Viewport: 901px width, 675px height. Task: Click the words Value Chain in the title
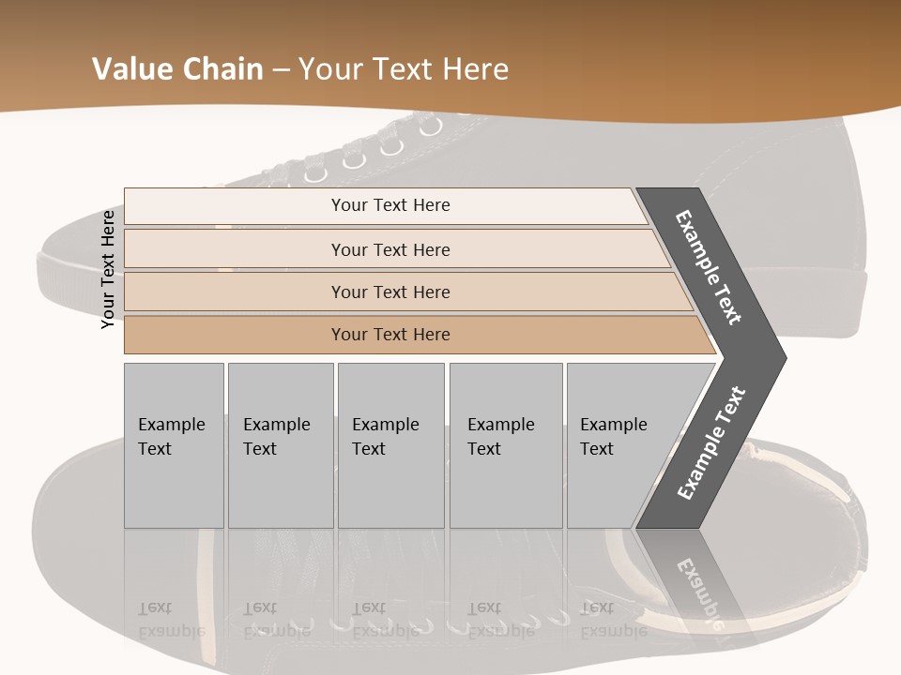tap(177, 69)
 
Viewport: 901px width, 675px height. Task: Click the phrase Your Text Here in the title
tap(404, 69)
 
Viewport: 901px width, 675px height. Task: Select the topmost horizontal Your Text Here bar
tap(389, 205)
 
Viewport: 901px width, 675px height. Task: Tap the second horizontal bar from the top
tap(389, 249)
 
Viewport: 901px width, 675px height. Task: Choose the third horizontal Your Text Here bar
tap(389, 292)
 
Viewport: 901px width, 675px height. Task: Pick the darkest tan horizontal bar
tap(389, 335)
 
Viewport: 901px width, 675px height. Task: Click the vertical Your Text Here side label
tap(108, 269)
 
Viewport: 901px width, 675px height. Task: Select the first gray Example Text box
tap(174, 444)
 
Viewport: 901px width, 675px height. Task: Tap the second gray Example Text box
tap(280, 444)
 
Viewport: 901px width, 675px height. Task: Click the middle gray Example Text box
tap(390, 444)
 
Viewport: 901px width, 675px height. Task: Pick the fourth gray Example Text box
tap(505, 444)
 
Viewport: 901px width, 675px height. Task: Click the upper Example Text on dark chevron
tap(709, 267)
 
